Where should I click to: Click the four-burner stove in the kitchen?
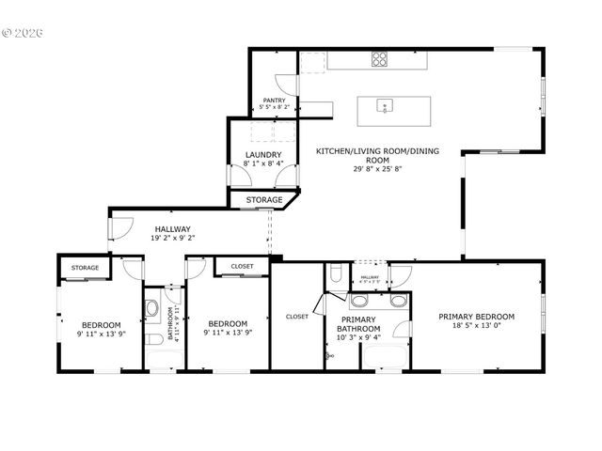coord(380,59)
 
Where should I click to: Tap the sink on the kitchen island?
coord(384,105)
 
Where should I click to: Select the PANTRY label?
coord(274,101)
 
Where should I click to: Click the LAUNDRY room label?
coord(263,155)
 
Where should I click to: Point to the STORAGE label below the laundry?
coord(264,200)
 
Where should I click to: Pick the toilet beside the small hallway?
coord(336,275)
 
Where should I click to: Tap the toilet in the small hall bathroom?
coord(151,335)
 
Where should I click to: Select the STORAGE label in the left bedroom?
coord(86,268)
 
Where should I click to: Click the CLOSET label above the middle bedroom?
coord(242,267)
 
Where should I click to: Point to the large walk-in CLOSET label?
coord(297,317)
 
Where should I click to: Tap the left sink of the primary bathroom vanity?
coord(360,303)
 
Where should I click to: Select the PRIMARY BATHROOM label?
coord(359,323)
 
